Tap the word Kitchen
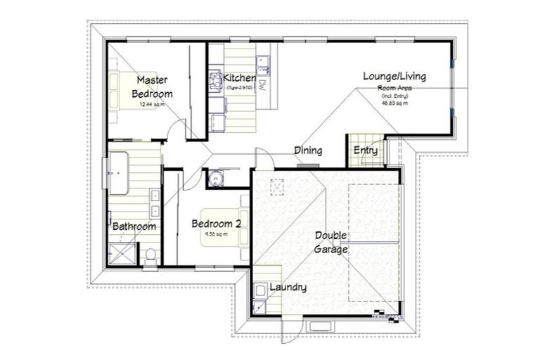point(238,77)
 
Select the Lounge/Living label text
point(394,76)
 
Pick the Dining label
point(308,150)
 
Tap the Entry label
point(365,150)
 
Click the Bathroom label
point(134,226)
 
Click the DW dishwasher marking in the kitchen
point(261,86)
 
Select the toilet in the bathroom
point(150,254)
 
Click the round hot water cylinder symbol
point(216,177)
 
